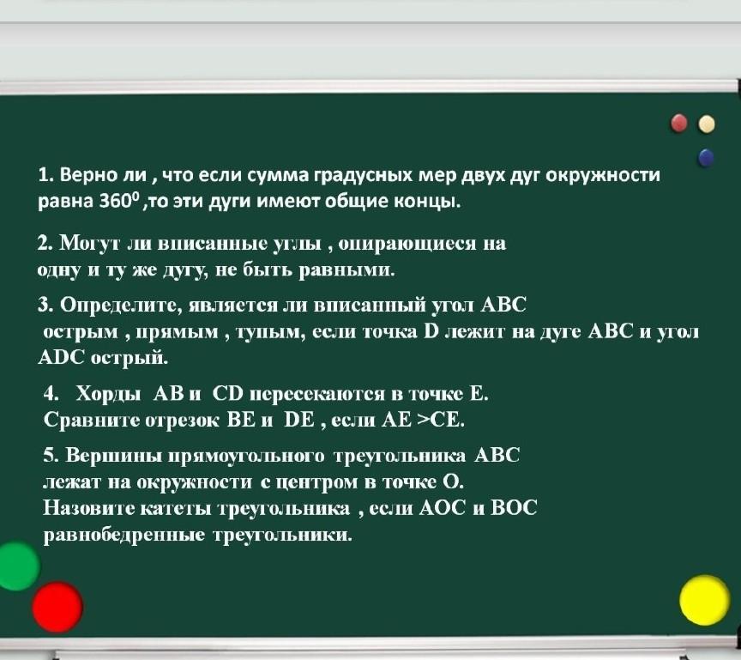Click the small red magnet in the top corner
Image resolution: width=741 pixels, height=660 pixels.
(x=679, y=124)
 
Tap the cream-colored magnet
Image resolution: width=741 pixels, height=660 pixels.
(x=707, y=124)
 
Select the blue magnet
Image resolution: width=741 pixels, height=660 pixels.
(x=706, y=157)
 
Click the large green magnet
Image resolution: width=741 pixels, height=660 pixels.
(x=17, y=566)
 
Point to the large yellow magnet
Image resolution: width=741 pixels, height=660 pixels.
(x=705, y=600)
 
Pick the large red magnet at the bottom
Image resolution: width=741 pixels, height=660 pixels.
(x=57, y=607)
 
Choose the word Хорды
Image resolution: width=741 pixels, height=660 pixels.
(x=109, y=394)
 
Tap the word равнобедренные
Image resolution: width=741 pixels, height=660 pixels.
(x=124, y=536)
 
